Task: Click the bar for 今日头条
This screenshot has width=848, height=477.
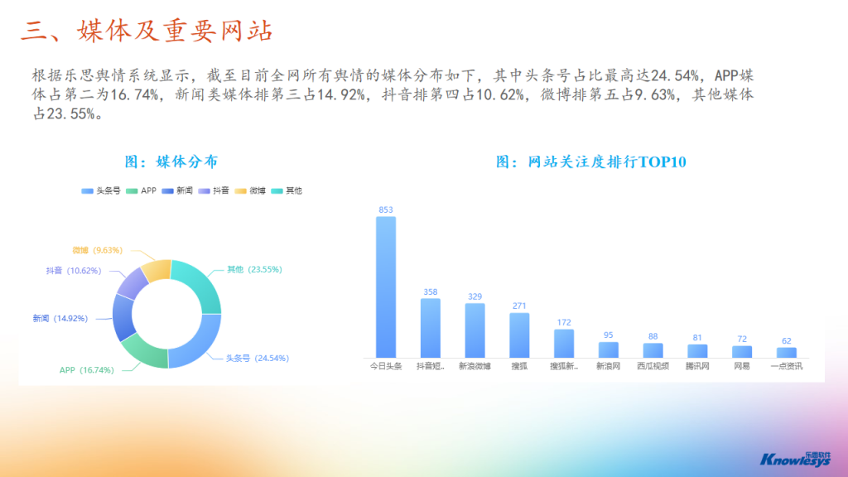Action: (386, 287)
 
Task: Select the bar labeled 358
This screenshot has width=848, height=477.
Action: (431, 328)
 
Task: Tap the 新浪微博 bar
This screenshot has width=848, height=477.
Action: (475, 330)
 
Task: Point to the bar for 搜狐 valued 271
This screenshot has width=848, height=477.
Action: (519, 335)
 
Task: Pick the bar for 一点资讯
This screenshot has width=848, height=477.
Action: (787, 353)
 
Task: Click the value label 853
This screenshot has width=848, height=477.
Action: (386, 210)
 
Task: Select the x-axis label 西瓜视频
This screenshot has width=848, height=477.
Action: (653, 366)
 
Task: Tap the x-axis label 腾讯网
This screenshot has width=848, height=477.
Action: (697, 366)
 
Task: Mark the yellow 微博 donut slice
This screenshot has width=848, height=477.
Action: (157, 270)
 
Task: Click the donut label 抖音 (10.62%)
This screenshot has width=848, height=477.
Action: (74, 271)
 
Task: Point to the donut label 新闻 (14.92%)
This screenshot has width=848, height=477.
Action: (60, 319)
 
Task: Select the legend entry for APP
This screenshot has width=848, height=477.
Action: (141, 190)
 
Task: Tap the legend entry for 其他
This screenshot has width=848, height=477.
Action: (287, 190)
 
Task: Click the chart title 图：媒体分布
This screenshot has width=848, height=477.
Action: (171, 161)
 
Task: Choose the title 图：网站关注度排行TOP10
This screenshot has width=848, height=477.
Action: (591, 161)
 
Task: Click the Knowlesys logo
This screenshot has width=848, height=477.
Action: (796, 459)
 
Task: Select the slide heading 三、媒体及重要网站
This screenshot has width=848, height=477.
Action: (147, 31)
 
